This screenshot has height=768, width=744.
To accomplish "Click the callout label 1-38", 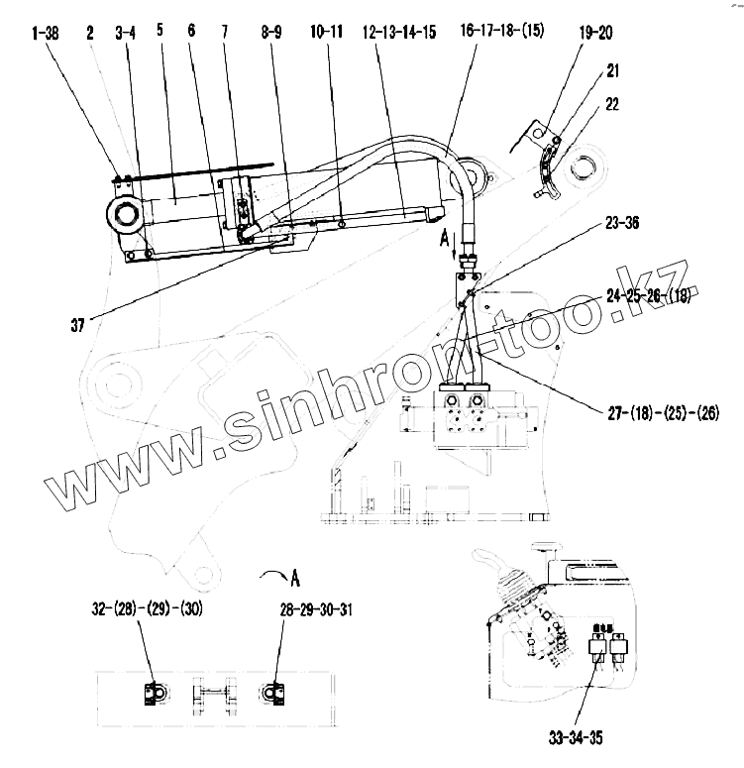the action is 45,33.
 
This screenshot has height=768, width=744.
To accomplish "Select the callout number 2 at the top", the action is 90,33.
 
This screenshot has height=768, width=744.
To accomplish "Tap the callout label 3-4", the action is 125,33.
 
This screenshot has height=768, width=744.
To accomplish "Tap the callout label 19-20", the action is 596,33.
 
